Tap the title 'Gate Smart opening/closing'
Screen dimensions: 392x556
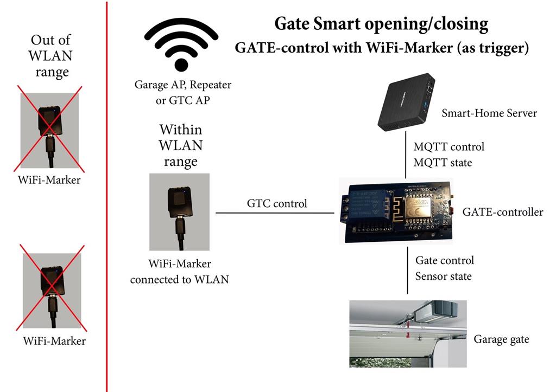click(x=381, y=24)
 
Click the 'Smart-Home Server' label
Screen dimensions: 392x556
click(x=489, y=113)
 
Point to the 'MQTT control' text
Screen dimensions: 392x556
click(x=448, y=147)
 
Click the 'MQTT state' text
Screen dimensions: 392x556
click(x=443, y=163)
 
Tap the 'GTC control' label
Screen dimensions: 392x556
click(x=277, y=204)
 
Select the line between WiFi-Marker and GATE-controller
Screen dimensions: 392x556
click(x=275, y=213)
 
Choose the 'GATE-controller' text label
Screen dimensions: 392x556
click(x=502, y=213)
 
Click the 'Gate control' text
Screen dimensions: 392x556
click(x=444, y=261)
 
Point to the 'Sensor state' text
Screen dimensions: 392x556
click(x=443, y=277)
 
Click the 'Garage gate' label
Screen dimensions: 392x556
click(x=501, y=340)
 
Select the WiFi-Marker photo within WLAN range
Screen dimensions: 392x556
click(x=179, y=211)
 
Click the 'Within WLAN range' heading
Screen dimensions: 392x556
click(x=180, y=146)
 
